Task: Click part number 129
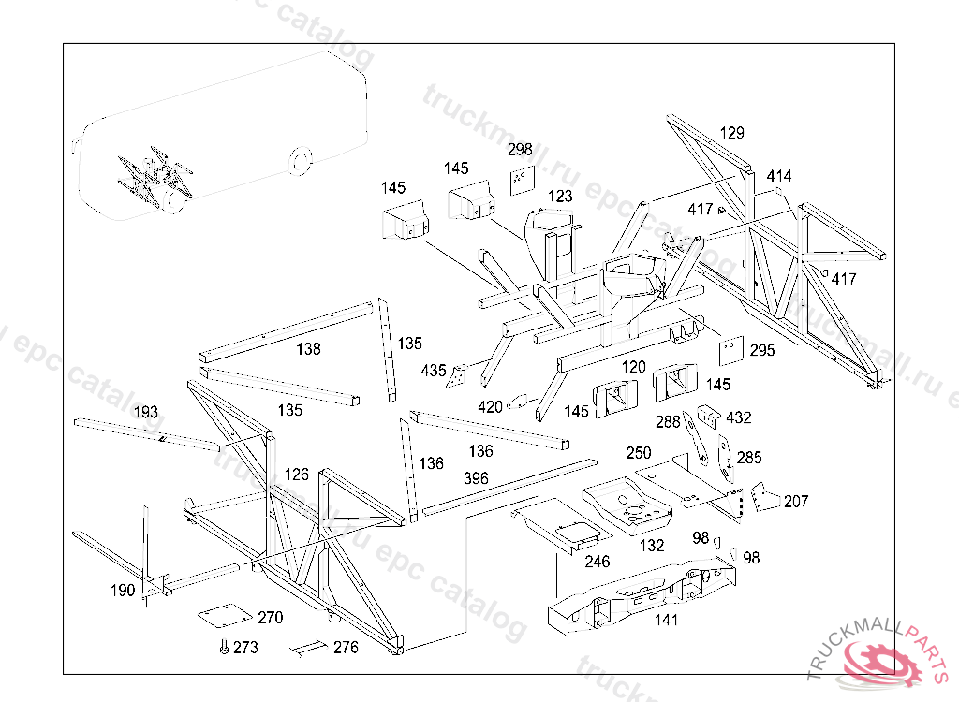[731, 133]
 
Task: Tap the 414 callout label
[778, 176]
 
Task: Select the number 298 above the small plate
[520, 150]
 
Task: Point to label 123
[560, 197]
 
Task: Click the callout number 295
[762, 350]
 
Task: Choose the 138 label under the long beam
[307, 349]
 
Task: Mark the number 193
[146, 412]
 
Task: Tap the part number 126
[296, 475]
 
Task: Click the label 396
[476, 477]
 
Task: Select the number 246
[597, 562]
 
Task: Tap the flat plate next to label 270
[223, 615]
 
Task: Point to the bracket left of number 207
[766, 497]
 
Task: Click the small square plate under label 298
[521, 180]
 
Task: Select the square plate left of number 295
[730, 350]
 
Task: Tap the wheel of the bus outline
[299, 159]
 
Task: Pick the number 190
[123, 590]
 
